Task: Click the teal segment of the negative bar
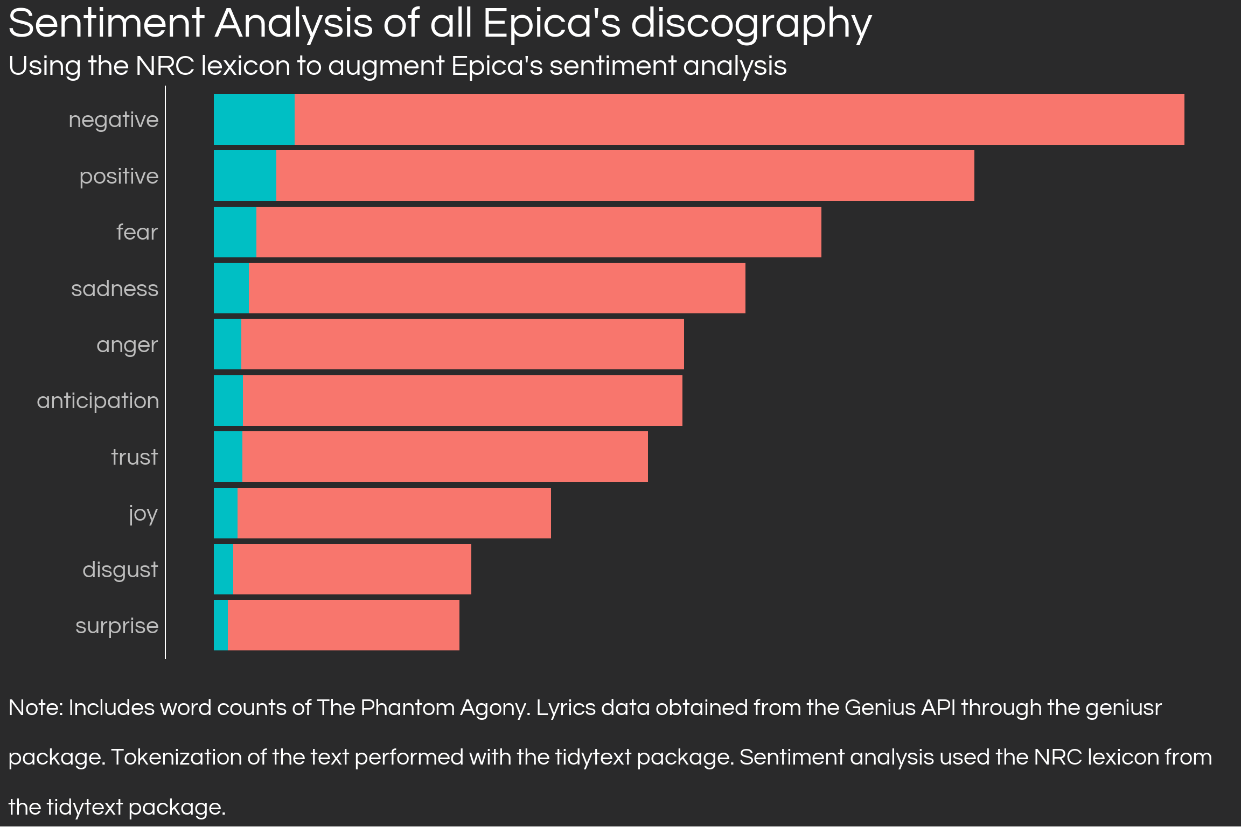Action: (254, 120)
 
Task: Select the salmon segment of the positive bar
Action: (625, 176)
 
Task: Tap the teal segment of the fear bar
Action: (235, 232)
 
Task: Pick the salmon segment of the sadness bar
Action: (497, 288)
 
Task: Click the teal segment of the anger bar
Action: (227, 344)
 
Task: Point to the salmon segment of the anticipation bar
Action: (462, 401)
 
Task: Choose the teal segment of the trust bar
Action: (228, 457)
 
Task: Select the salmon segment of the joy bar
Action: (394, 513)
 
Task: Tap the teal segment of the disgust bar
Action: (224, 569)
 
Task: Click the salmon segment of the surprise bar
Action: (344, 625)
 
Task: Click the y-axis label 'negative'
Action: (114, 120)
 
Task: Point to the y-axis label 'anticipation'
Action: (98, 401)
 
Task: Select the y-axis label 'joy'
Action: (143, 514)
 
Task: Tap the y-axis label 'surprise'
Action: (117, 626)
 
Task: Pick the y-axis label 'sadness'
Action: (115, 289)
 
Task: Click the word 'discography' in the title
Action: (751, 25)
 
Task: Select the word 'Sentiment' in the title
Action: (106, 24)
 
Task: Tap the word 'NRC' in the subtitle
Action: (165, 66)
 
